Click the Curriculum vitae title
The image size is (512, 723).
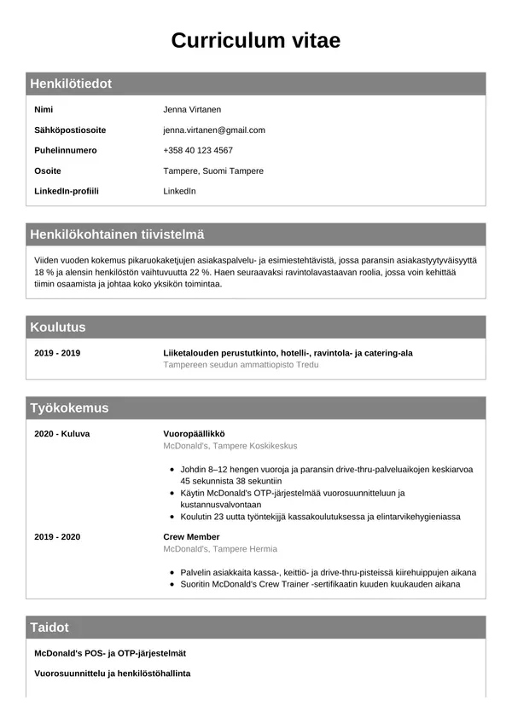click(256, 40)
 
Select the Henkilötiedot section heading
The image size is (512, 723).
click(71, 84)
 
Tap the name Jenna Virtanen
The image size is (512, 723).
click(192, 110)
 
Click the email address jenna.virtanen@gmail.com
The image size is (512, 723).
click(214, 130)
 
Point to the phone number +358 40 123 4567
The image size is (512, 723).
click(198, 151)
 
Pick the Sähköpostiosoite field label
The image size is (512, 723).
click(70, 130)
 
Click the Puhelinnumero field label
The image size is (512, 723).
click(66, 151)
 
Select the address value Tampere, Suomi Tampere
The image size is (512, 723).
click(213, 171)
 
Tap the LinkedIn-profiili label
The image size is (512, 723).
click(67, 191)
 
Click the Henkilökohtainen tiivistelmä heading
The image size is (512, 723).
click(117, 234)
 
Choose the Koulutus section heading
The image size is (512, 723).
click(58, 327)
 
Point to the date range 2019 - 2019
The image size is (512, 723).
click(57, 353)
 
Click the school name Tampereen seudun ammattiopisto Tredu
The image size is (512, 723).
click(241, 365)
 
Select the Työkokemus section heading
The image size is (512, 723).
click(69, 408)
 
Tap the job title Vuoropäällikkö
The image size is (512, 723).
click(194, 434)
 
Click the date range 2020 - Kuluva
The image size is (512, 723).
click(62, 434)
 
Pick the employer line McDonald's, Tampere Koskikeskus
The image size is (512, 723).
click(230, 446)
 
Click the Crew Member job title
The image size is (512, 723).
click(191, 537)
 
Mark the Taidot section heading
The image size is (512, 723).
click(49, 628)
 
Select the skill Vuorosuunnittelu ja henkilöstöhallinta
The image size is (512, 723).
click(112, 674)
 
